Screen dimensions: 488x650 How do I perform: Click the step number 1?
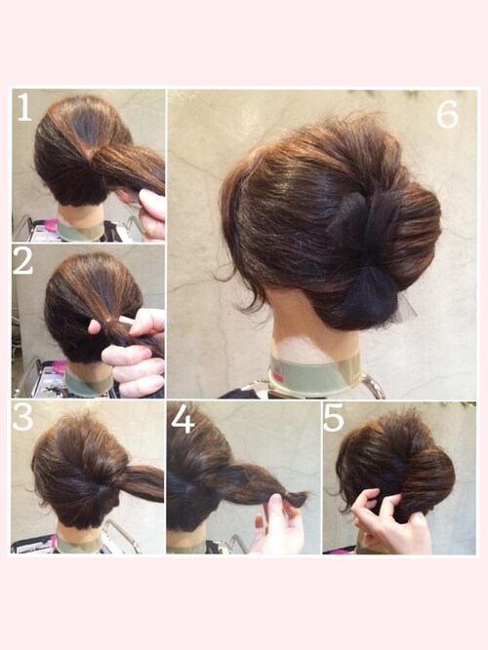tap(24, 107)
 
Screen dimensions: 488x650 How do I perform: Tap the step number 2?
tap(22, 262)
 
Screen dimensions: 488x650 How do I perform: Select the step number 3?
tap(22, 416)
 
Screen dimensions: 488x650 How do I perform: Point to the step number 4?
tap(183, 419)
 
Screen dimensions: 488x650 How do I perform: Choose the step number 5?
tap(334, 418)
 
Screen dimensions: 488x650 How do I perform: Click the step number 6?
tap(447, 114)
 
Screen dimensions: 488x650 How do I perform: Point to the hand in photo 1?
tap(151, 213)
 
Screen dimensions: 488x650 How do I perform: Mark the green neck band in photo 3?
tap(79, 544)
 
